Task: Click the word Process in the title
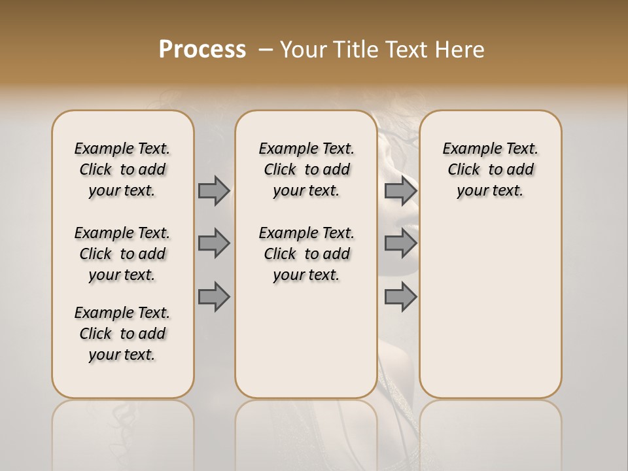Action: tap(202, 50)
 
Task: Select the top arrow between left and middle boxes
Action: tap(214, 190)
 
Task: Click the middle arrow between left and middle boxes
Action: tap(214, 243)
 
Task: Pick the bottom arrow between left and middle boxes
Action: tap(214, 297)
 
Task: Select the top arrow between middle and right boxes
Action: tap(400, 190)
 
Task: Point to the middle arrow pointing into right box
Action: tap(400, 243)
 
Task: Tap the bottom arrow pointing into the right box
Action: tap(400, 297)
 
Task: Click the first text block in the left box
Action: tap(122, 169)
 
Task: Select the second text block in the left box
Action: tap(122, 254)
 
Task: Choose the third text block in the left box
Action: tap(122, 334)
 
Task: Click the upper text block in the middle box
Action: tap(306, 169)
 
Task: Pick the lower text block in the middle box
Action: tap(306, 254)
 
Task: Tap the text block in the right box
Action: tap(491, 169)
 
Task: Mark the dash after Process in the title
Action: tap(265, 50)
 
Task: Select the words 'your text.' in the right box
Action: tap(491, 191)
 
